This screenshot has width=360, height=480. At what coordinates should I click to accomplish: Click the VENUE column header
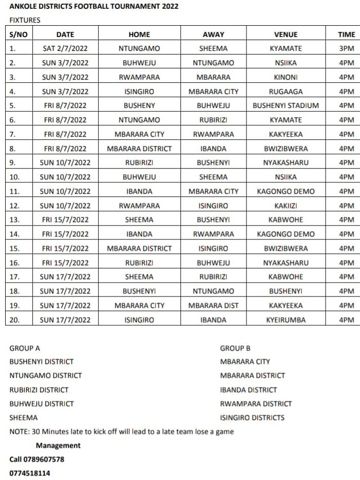coord(286,34)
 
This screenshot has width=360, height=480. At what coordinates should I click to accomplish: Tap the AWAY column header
coord(213,34)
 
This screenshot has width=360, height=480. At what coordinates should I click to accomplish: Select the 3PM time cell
coord(347,49)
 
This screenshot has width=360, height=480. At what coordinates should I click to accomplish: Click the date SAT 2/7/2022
coord(65,49)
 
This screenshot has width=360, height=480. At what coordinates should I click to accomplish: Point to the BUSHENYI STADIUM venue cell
coord(286,106)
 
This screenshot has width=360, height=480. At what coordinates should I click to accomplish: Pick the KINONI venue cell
coord(286,78)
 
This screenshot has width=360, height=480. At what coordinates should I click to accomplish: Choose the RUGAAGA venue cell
coord(286,92)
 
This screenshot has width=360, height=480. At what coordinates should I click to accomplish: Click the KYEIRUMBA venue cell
coord(286,320)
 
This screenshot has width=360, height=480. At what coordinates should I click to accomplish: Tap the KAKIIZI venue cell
coord(286,206)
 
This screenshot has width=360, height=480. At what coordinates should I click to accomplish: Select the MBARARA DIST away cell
coord(213,306)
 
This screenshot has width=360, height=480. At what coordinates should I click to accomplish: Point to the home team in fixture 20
coord(139,320)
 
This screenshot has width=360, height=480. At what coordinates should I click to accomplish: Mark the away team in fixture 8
coord(213,149)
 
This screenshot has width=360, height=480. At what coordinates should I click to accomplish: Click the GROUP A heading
coord(25,348)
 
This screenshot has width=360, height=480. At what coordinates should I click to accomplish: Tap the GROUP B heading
coord(235,348)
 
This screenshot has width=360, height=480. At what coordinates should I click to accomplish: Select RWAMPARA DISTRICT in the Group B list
coord(256,404)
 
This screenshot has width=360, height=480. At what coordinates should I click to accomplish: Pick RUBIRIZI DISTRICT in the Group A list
coord(39,390)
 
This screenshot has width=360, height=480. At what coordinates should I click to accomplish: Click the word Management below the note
coord(58,446)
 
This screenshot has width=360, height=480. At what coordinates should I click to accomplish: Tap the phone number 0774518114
coord(30,473)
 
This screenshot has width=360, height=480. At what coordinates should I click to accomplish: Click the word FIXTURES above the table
coord(25,20)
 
